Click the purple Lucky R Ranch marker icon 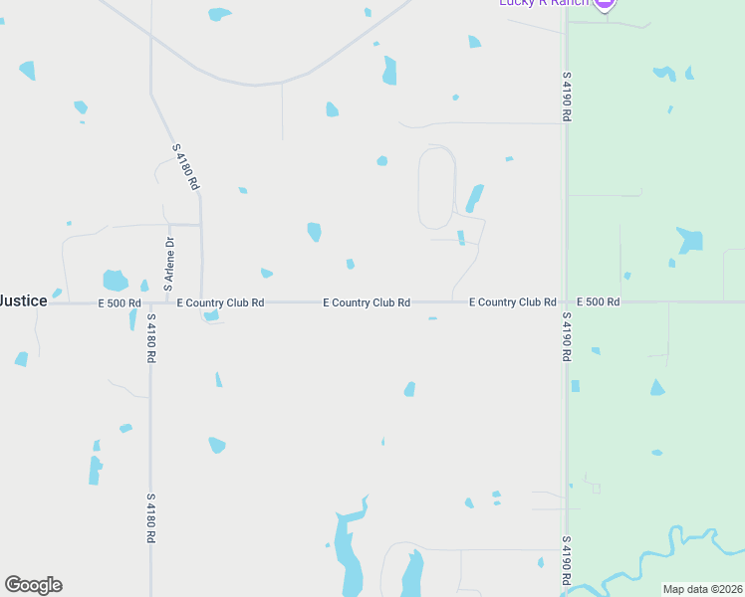click(604, 4)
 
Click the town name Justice click(22, 300)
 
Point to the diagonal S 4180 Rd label click(186, 167)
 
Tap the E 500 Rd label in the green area click(599, 301)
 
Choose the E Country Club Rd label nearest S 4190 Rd click(512, 301)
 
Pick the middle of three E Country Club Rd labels click(367, 302)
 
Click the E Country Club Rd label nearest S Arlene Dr click(220, 302)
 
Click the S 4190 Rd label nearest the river click(566, 559)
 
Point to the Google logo click(33, 585)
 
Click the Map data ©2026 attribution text click(703, 589)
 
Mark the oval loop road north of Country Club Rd click(436, 187)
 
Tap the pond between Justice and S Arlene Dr click(116, 281)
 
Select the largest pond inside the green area click(689, 240)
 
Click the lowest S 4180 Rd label click(150, 517)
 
